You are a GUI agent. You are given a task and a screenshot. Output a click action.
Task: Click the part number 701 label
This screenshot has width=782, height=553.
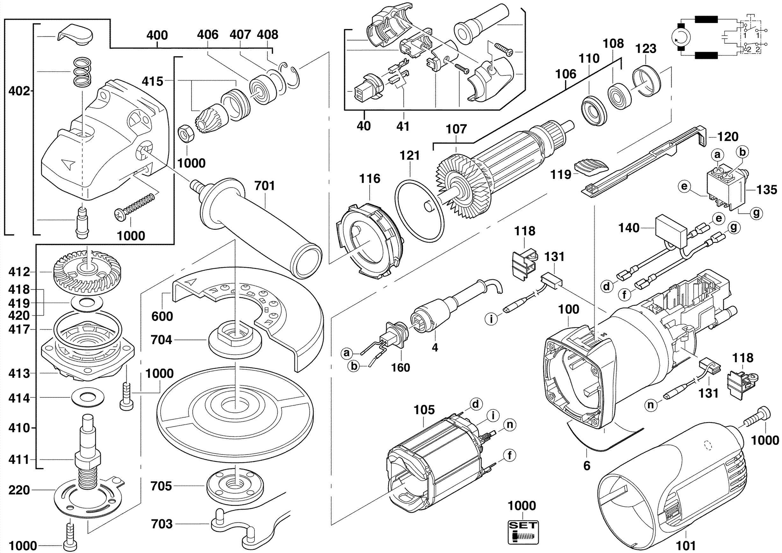pyautogui.click(x=265, y=186)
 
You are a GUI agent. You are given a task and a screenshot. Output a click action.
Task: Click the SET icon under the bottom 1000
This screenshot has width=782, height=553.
pyautogui.click(x=523, y=532)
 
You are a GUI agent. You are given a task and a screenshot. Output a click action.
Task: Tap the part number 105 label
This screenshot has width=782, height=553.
pyautogui.click(x=424, y=410)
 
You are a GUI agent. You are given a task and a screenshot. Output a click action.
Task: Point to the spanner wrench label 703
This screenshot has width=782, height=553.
pyautogui.click(x=161, y=524)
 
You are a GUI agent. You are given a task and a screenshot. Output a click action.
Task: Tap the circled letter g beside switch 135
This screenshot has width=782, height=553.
pyautogui.click(x=756, y=213)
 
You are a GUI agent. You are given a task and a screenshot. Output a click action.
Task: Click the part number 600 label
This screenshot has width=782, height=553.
pyautogui.click(x=162, y=316)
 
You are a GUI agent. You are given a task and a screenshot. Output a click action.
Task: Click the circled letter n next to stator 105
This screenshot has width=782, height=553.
pyautogui.click(x=510, y=425)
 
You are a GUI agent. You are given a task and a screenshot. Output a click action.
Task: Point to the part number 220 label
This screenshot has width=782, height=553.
pyautogui.click(x=19, y=490)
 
